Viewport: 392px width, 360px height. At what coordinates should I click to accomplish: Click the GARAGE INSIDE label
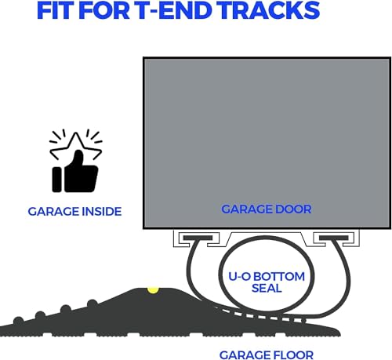pos(74,212)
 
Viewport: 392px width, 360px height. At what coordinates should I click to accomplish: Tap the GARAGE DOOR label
pos(267,209)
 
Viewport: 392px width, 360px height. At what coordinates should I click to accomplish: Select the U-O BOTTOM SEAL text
pos(267,282)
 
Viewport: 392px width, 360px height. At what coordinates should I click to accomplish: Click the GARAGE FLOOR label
pos(267,355)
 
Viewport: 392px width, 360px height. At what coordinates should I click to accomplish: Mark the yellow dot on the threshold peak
pos(153,290)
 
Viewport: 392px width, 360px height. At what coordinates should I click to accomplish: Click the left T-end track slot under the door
pos(198,238)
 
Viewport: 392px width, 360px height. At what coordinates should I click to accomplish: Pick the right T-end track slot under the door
pos(334,238)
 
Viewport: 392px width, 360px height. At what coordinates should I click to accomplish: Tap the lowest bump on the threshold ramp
pos(19,320)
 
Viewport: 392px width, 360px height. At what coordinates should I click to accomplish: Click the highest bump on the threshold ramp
pos(92,304)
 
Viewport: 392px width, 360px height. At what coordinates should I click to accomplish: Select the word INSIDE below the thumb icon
pos(102,212)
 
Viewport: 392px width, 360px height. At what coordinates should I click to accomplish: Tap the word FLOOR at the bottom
pos(290,355)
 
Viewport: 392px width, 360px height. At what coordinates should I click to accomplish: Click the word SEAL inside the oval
pos(267,288)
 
